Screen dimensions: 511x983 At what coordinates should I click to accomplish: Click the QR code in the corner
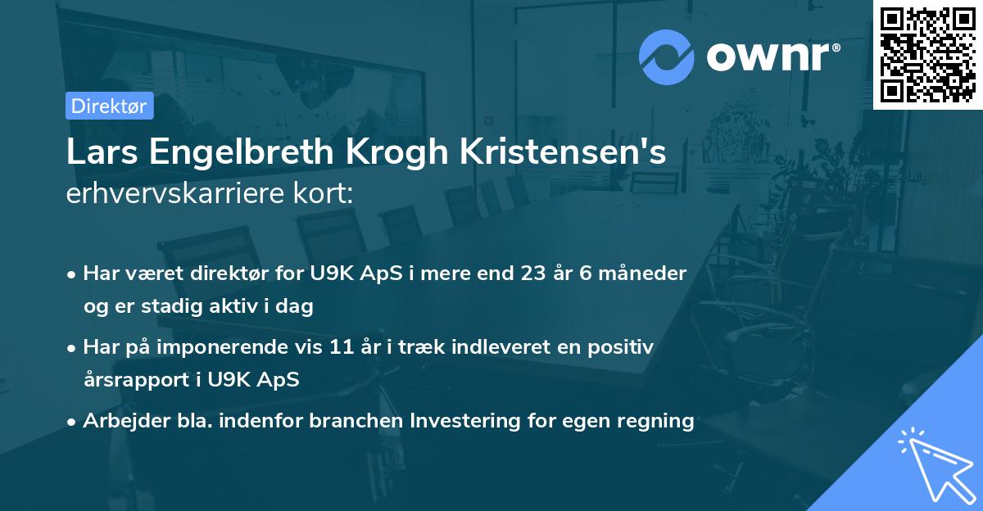coord(928,54)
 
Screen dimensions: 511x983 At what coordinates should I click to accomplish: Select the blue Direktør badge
coord(110,106)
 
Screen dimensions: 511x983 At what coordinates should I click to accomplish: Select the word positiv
coord(622,346)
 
